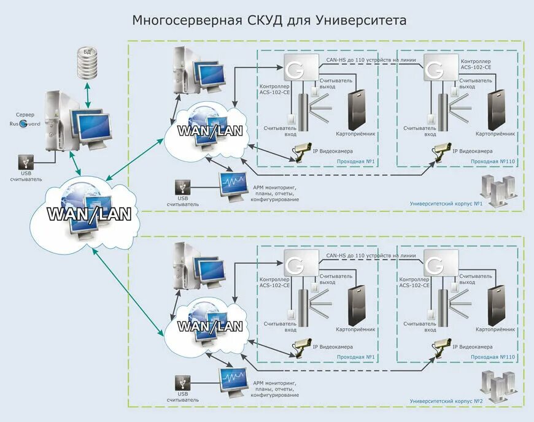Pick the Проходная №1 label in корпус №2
tap(355, 357)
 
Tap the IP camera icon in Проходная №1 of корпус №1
tap(303, 151)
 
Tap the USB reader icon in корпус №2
tap(182, 382)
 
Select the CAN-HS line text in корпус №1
tap(371, 59)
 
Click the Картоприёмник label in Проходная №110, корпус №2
tap(495, 329)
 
